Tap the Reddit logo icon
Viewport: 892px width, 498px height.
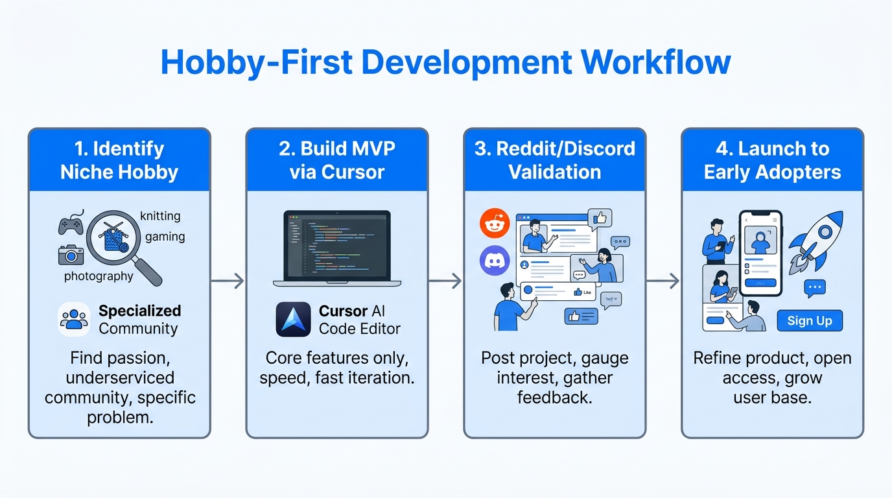[x=495, y=224]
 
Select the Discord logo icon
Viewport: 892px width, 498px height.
[x=495, y=261]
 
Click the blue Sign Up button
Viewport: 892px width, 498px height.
[x=809, y=320]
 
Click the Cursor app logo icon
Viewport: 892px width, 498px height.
[x=293, y=320]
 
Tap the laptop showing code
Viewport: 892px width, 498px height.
[x=336, y=248]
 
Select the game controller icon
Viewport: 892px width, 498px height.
[x=71, y=224]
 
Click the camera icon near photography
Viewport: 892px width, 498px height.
[x=71, y=255]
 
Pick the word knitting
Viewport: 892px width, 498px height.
[x=160, y=216]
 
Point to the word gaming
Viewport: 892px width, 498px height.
[x=165, y=237]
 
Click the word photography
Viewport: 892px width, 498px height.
[x=99, y=276]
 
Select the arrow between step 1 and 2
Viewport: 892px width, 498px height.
[x=228, y=281]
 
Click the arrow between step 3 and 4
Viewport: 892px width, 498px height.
[x=663, y=281]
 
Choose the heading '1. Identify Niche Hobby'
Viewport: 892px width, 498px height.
[x=119, y=160]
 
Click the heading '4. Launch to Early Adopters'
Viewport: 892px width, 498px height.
[x=772, y=160]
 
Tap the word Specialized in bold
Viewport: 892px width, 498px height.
[x=139, y=311]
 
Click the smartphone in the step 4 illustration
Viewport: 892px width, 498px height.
[x=761, y=253]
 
